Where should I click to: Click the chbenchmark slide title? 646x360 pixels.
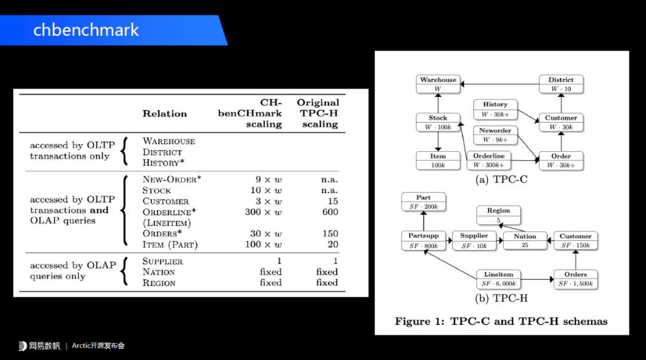point(86,30)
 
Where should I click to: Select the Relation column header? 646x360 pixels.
point(164,114)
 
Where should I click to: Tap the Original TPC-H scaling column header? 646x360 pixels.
point(318,114)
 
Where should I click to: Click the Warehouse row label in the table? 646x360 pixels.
point(169,141)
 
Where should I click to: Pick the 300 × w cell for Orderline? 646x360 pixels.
point(263,212)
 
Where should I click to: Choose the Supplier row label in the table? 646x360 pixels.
point(163,261)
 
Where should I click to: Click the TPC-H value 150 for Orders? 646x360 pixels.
point(330,233)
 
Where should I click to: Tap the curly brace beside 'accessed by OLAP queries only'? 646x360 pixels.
point(124,271)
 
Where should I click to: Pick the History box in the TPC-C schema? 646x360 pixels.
point(495,109)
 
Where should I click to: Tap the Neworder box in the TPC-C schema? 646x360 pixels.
point(495,135)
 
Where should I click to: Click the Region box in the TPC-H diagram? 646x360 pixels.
point(498,215)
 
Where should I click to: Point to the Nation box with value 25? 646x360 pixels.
point(525,240)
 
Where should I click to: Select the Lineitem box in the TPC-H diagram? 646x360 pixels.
point(498,279)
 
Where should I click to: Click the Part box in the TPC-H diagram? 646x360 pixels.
point(423,202)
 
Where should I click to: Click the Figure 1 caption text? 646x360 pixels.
point(501,321)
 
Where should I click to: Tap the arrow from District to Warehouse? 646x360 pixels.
point(499,84)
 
